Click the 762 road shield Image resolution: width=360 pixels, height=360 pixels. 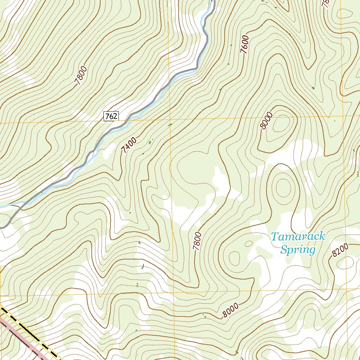coord(111,116)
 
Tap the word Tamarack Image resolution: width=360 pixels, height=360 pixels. coord(298,237)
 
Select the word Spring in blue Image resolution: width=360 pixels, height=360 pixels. coord(297,250)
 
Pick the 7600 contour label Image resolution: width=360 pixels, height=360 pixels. coord(245,44)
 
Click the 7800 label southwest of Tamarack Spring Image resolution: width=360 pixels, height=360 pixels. coord(198,241)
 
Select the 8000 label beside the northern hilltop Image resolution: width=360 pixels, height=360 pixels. coord(267,121)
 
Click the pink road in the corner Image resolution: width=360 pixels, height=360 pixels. coord(21,337)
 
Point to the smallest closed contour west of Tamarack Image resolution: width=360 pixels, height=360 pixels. coord(249,243)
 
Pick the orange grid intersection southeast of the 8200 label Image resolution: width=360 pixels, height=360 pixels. coord(347,290)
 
